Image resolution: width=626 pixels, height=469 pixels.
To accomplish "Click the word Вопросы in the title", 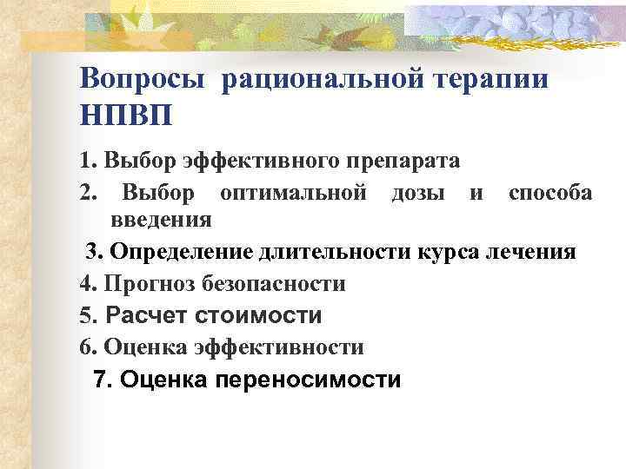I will pyautogui.click(x=143, y=78).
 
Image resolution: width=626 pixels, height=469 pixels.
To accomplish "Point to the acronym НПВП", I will pyautogui.click(x=125, y=114).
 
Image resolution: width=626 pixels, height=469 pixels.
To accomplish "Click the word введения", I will pyautogui.click(x=162, y=219).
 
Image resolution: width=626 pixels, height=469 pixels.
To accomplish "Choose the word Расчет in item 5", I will pyautogui.click(x=148, y=315).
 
